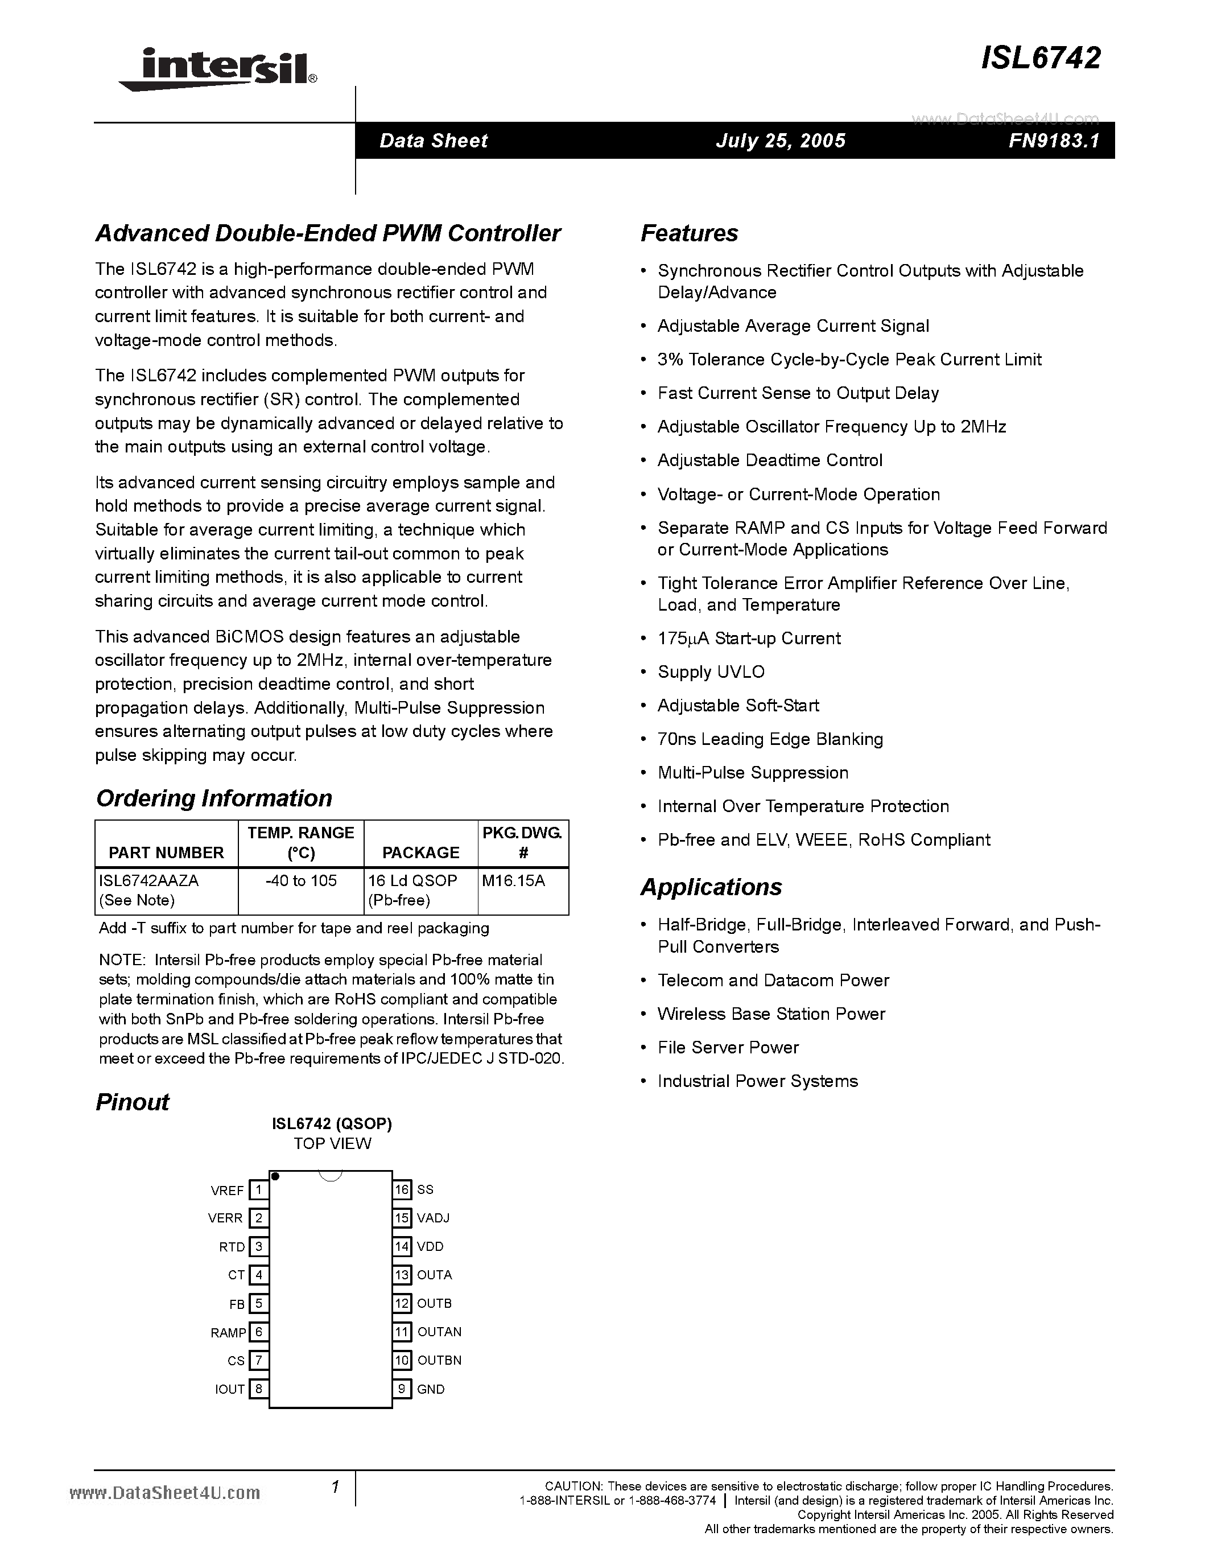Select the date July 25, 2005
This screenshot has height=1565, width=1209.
780,141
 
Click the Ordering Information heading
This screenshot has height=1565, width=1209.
213,798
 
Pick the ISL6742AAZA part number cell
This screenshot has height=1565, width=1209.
149,881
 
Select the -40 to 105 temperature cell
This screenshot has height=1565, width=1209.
301,881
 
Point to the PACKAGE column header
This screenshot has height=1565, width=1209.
420,852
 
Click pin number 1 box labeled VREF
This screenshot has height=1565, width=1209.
258,1190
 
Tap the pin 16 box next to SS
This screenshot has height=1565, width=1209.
402,1189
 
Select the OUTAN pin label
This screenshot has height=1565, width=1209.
439,1332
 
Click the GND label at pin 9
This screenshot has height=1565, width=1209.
431,1389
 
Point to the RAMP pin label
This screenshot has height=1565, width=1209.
228,1333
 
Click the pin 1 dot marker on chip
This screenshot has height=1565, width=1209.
276,1177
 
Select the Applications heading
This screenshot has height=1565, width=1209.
711,887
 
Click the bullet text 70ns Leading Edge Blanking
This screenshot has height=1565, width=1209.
770,739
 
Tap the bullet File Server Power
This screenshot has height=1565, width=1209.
728,1048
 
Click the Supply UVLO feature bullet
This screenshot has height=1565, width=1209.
711,672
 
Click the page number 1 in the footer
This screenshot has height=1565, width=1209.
335,1488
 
